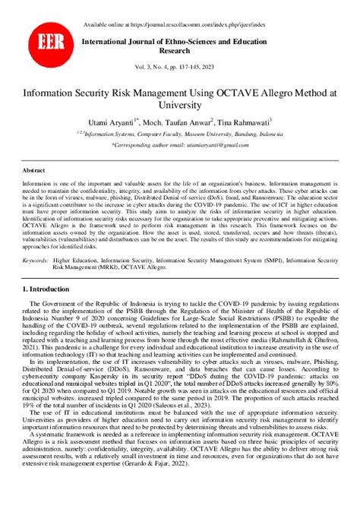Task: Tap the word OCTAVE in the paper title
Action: pyautogui.click(x=251, y=92)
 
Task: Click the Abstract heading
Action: pyautogui.click(x=34, y=171)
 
